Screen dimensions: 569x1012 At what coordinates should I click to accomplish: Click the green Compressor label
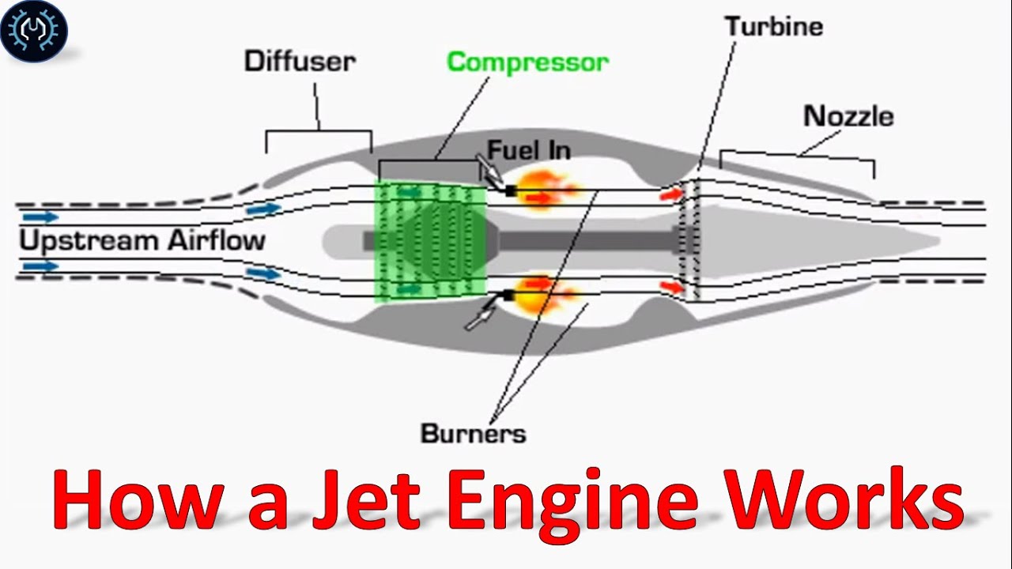coord(527,62)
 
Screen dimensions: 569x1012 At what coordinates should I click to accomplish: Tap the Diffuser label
coord(300,62)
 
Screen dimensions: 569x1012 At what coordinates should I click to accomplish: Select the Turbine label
coord(774,26)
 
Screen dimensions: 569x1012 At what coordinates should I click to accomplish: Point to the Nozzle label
coord(848,116)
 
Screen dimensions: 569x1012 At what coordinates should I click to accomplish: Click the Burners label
coord(473,433)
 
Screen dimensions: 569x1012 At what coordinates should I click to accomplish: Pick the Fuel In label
coord(528,149)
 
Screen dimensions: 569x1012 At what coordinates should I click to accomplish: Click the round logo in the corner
coord(34,31)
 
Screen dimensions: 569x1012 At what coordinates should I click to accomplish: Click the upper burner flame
coord(546,190)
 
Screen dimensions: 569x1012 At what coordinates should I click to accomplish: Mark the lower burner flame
coord(546,292)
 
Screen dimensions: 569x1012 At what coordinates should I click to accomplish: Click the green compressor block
coord(430,241)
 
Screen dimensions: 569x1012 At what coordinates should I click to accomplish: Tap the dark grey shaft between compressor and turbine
coord(585,240)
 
